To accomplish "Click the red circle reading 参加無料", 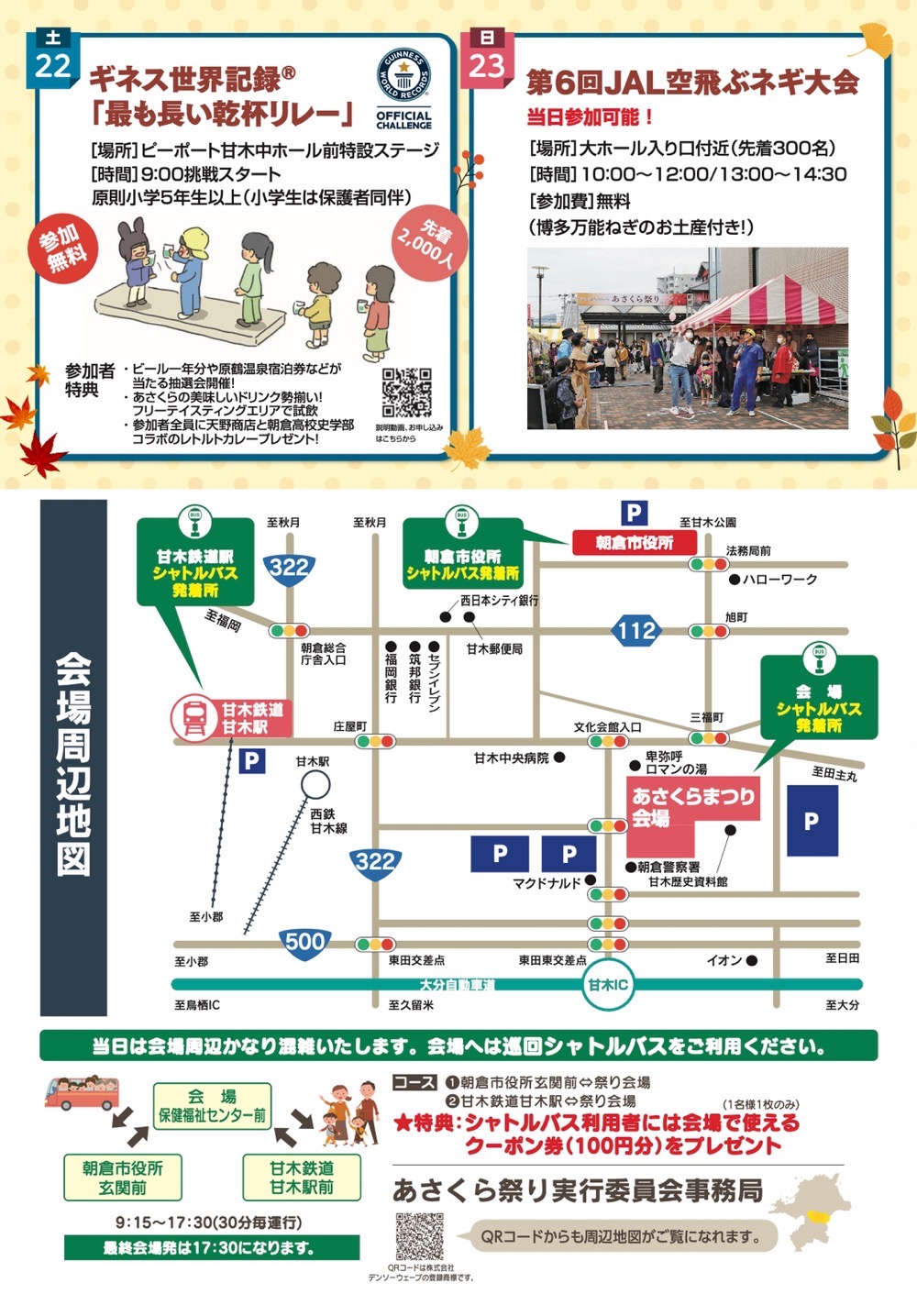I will coord(63,248).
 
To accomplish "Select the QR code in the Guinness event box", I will coord(406,393).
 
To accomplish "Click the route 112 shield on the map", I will coord(636,630).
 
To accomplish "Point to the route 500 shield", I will coord(304,942).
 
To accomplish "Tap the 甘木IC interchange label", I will coord(608,985).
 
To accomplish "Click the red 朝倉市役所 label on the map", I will coord(635,543).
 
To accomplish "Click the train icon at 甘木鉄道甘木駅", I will coord(194,717).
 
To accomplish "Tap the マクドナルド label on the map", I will coord(547,883).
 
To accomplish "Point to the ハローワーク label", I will coord(779,580).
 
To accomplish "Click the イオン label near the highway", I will coord(724,960).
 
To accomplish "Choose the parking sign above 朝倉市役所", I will coord(634,514).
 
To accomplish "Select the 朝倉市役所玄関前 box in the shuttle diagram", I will coord(122,1178).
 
